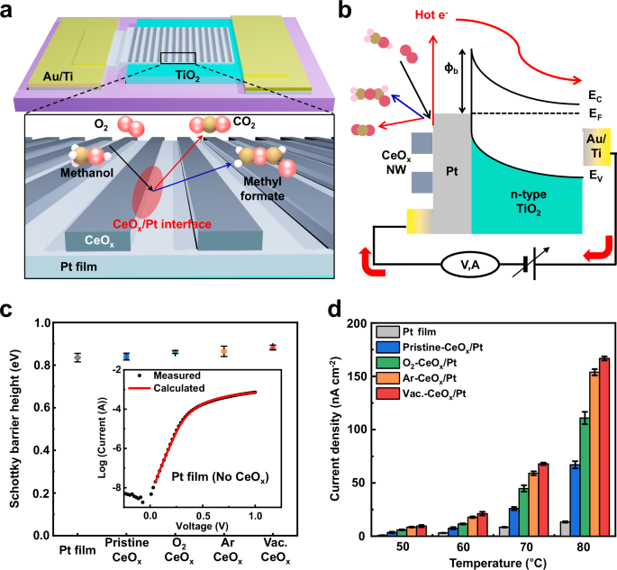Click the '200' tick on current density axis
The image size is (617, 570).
358,322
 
